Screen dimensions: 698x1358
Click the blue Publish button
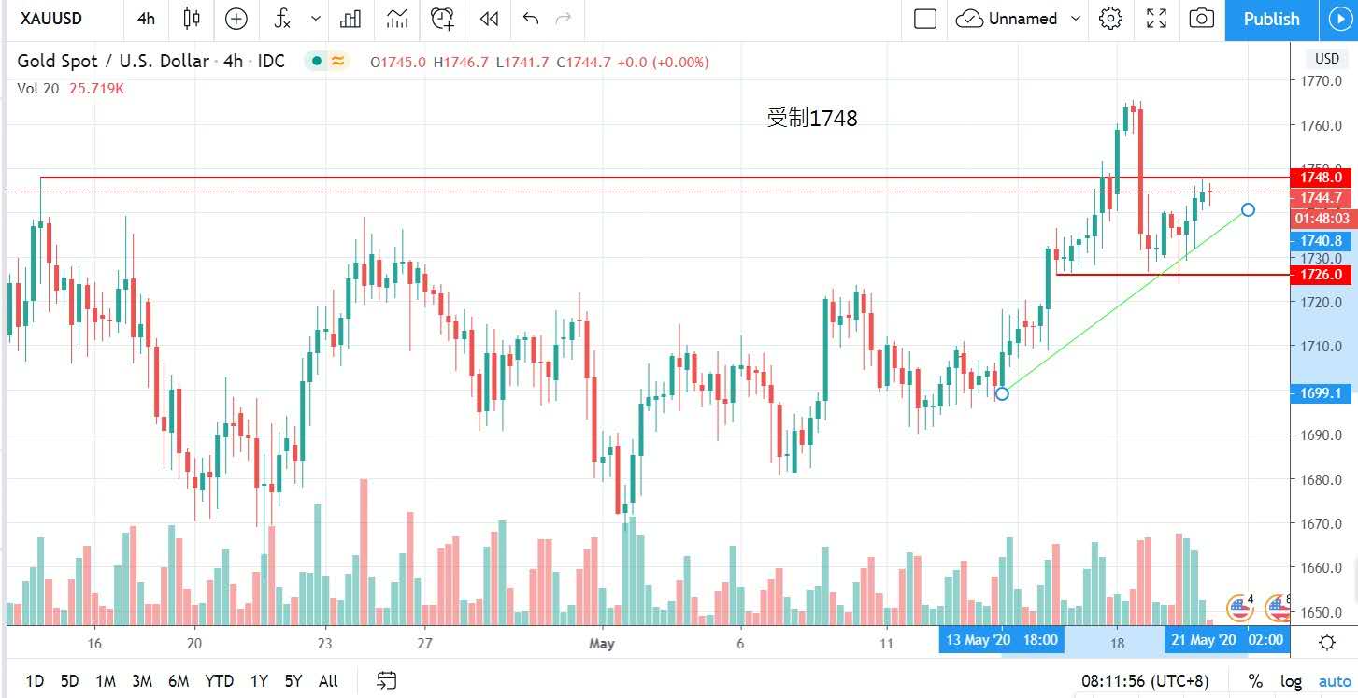(1271, 19)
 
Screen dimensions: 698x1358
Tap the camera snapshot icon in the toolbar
(1202, 19)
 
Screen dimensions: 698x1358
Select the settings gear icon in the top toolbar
(1110, 19)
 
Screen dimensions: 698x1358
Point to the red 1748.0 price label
(1319, 177)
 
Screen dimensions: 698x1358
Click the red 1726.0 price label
(1319, 275)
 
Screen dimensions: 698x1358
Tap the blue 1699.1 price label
(1319, 393)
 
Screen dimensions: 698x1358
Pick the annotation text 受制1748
(811, 118)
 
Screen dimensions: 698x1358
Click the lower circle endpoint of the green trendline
(1002, 393)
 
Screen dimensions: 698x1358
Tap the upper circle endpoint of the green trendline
(1248, 209)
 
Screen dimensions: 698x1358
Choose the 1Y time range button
(259, 681)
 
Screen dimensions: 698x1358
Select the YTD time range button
(219, 681)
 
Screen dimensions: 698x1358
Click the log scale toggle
(1290, 681)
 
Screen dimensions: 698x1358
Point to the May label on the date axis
(601, 643)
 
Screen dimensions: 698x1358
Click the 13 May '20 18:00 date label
(1002, 640)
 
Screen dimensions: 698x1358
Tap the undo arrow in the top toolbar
(531, 19)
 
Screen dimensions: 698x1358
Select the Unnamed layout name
(1022, 19)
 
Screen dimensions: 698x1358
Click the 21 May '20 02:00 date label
(1224, 640)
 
